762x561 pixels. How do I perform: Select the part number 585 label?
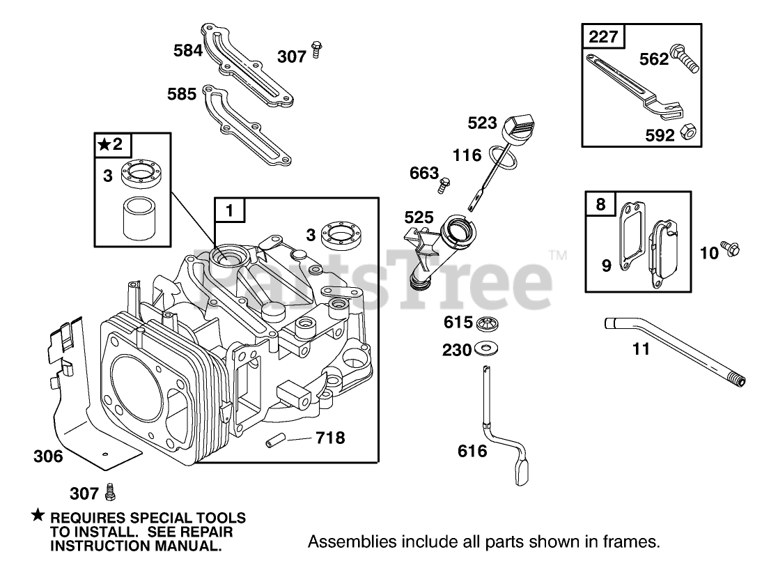coord(182,93)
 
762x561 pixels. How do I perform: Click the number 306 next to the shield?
coord(48,456)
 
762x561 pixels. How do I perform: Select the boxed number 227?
coord(603,36)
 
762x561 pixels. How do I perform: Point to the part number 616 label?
coord(472,450)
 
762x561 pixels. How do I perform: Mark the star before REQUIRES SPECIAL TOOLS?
coord(38,517)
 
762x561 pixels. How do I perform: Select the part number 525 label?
coord(419,217)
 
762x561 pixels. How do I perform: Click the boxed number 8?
coord(600,205)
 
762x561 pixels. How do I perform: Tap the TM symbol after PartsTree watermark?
coord(557,256)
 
